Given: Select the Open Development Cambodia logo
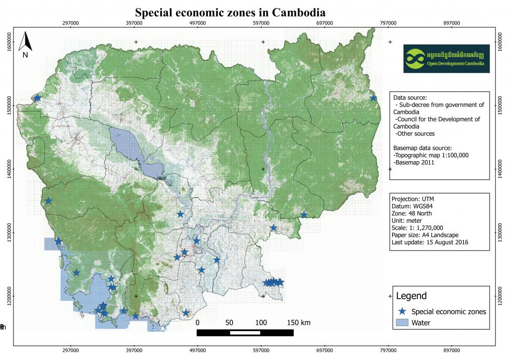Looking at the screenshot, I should pos(446,59).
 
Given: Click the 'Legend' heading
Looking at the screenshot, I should pos(411,296).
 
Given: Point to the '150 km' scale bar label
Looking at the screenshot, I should pos(299,323).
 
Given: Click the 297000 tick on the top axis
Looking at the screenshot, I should pos(71,22).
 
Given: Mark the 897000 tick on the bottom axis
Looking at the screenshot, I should pos(451,350).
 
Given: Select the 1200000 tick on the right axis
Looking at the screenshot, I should pos(500,296).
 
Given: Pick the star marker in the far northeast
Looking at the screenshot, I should pos(373,98).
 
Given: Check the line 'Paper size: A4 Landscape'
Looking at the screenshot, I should pos(425,235).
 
